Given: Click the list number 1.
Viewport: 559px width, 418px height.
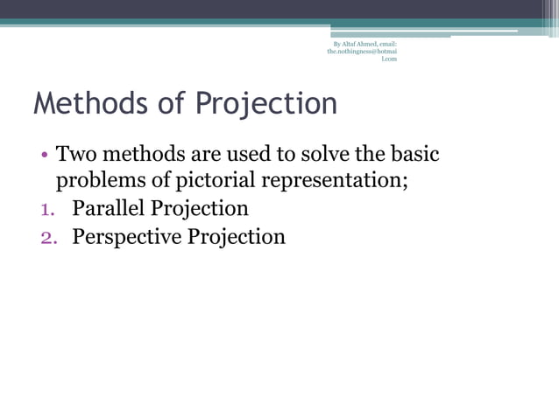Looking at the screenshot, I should [x=48, y=210].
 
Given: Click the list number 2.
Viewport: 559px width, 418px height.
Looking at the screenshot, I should [x=49, y=237].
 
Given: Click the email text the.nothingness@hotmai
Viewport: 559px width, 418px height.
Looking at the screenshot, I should [x=362, y=52].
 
